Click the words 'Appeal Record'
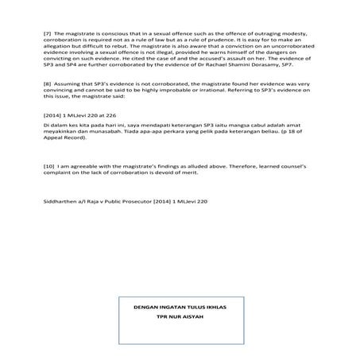(67, 140)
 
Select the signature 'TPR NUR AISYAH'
(180, 316)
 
